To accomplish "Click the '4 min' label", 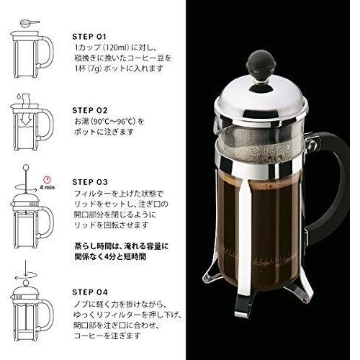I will (48, 186).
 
